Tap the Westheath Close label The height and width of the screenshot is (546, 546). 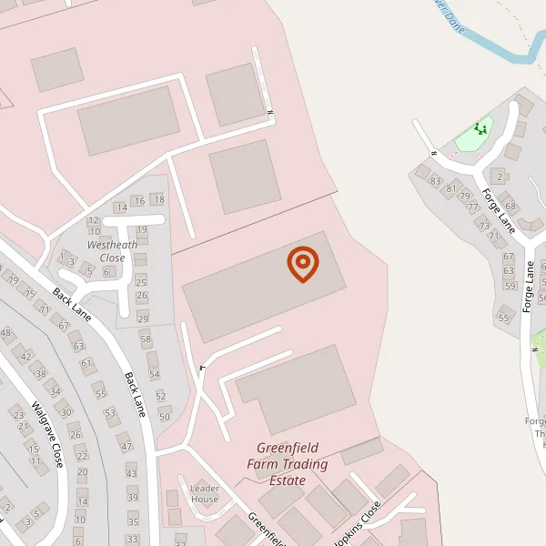pyautogui.click(x=112, y=251)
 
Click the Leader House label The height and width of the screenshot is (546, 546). pyautogui.click(x=205, y=494)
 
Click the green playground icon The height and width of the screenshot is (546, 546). pyautogui.click(x=480, y=130)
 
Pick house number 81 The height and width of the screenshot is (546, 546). pyautogui.click(x=450, y=188)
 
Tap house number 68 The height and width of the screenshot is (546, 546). pyautogui.click(x=511, y=207)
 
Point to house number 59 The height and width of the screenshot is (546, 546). pyautogui.click(x=509, y=287)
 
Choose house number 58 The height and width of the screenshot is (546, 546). pyautogui.click(x=146, y=339)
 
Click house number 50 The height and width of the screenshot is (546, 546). pyautogui.click(x=165, y=417)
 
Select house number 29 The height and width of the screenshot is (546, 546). pyautogui.click(x=143, y=318)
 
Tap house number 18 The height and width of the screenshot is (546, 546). pyautogui.click(x=159, y=199)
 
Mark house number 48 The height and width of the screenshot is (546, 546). pyautogui.click(x=6, y=334)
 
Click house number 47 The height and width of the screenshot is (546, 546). pyautogui.click(x=126, y=447)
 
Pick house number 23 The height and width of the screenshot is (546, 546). pyautogui.click(x=19, y=415)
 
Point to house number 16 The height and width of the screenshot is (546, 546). pyautogui.click(x=139, y=201)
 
